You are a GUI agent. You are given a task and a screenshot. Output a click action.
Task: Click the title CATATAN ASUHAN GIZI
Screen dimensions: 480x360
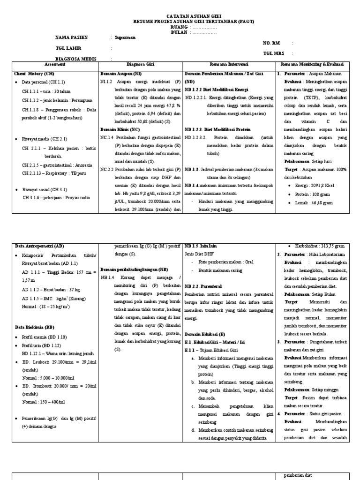(180, 16)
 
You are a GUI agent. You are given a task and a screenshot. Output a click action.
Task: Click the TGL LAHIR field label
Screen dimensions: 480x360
(66, 48)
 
